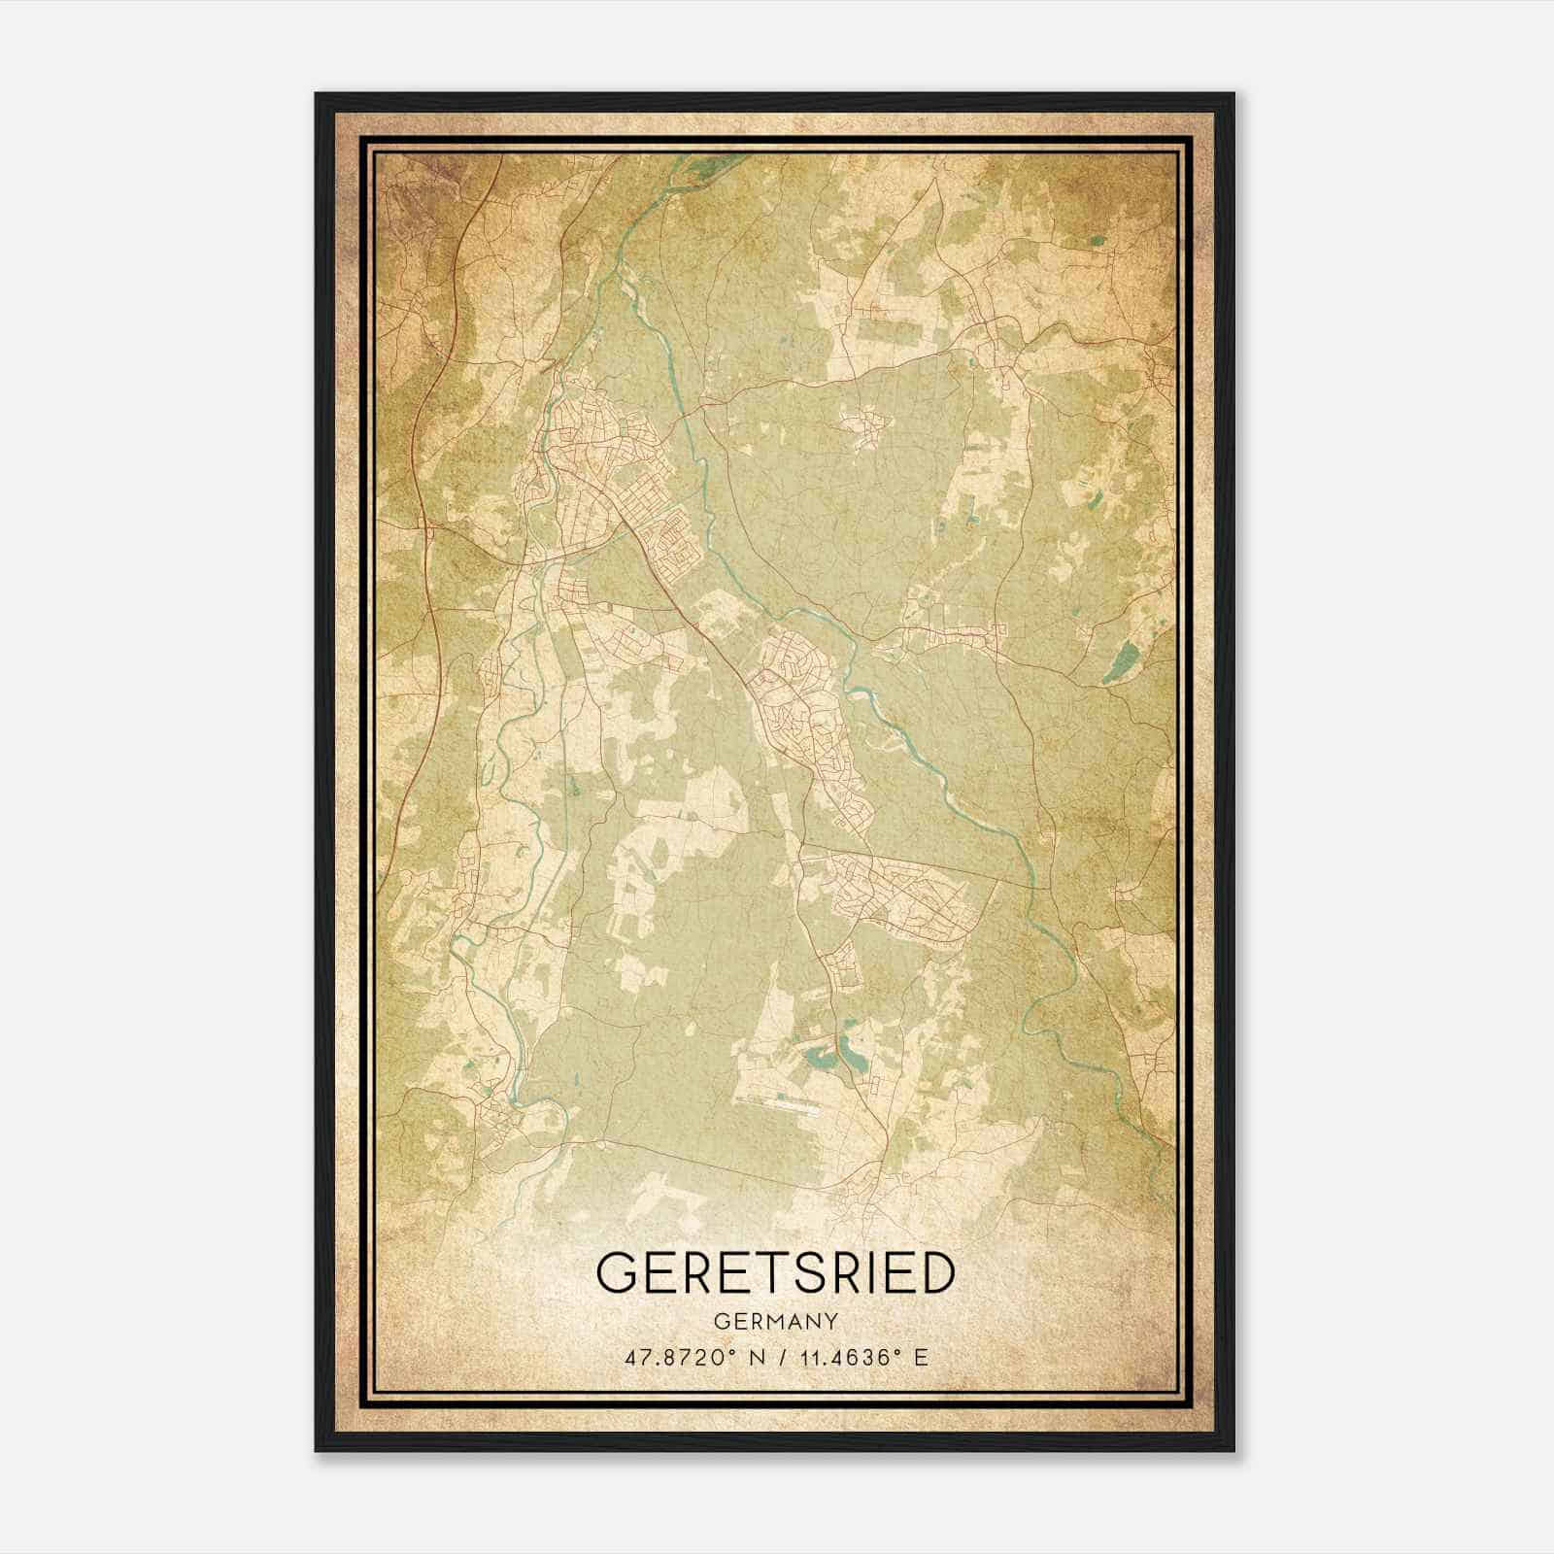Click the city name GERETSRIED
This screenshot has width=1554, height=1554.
(x=775, y=1273)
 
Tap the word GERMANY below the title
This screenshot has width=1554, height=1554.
(x=775, y=1322)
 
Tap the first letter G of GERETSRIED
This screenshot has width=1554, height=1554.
(x=617, y=1273)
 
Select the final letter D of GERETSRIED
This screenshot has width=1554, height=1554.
(x=934, y=1273)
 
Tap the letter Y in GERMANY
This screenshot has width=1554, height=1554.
(x=831, y=1322)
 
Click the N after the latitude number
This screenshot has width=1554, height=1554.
(x=754, y=1357)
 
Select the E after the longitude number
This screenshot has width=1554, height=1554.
(x=921, y=1357)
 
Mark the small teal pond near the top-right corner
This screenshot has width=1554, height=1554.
(x=1098, y=241)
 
